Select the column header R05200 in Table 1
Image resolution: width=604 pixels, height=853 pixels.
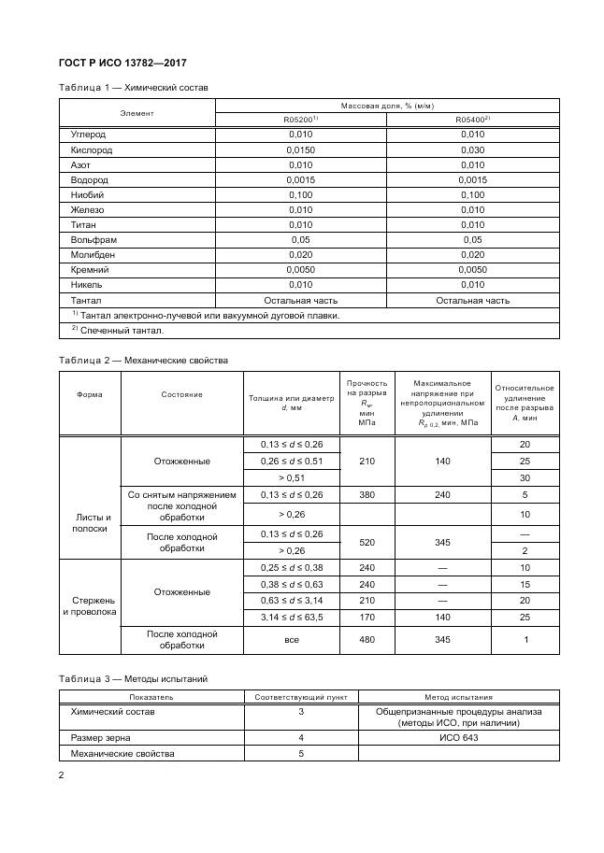(x=301, y=120)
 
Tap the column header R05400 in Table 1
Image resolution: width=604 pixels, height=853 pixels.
(x=473, y=120)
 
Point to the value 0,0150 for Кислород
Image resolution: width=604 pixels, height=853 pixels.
(x=301, y=149)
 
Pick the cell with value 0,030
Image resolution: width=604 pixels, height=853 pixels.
(x=473, y=149)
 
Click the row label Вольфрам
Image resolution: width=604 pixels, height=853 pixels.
(x=92, y=239)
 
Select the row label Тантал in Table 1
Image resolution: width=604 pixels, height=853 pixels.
(x=86, y=300)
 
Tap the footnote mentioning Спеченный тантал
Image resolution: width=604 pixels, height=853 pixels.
(x=118, y=330)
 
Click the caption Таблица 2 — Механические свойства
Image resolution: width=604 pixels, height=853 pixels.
(x=143, y=360)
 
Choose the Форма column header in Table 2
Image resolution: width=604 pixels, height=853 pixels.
(x=90, y=394)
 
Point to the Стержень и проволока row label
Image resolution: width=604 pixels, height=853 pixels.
(x=91, y=605)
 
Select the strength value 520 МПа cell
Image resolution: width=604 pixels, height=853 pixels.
(x=366, y=542)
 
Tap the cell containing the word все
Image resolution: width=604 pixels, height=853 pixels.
(x=291, y=639)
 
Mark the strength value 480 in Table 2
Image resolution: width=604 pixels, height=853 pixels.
(x=366, y=639)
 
